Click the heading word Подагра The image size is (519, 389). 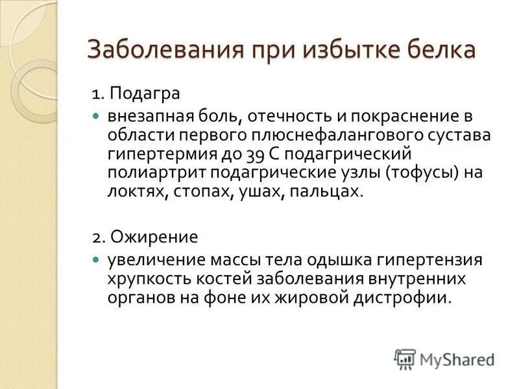coord(145,93)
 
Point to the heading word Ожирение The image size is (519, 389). coord(152,235)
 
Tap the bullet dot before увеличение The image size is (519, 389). coord(96,259)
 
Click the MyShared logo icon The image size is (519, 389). coord(405,359)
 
